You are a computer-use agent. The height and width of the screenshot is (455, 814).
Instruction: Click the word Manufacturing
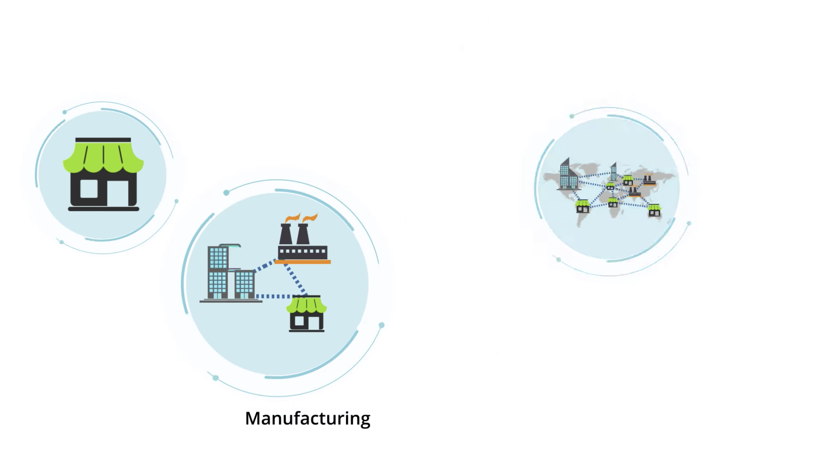pos(308,419)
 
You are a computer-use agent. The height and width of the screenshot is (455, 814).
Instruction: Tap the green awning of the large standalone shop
pos(103,157)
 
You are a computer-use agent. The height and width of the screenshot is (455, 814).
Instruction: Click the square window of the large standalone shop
pos(89,189)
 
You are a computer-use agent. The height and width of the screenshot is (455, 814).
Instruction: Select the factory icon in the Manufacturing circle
pos(303,239)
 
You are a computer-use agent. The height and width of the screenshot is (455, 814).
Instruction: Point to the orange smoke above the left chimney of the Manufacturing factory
pos(292,218)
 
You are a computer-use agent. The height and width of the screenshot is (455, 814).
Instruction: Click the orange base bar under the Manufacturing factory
pos(303,262)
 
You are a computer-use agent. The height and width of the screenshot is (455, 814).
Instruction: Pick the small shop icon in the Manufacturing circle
pos(306,313)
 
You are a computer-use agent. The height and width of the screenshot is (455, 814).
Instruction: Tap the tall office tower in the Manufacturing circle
pos(218,272)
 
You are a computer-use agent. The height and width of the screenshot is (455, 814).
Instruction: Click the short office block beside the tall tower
pos(244,284)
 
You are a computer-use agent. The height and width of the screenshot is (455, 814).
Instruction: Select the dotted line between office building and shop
pos(274,296)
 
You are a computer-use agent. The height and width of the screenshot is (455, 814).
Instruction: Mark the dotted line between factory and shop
pos(295,280)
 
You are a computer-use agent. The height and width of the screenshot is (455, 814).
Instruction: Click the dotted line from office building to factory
pos(265,265)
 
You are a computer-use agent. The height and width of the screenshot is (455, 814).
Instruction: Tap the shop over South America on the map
pos(582,206)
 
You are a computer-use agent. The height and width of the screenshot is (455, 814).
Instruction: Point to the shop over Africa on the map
pos(613,202)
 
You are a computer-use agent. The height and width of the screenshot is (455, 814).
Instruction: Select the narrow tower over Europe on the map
pos(613,171)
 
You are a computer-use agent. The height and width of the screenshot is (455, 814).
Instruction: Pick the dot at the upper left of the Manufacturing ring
pos(226,192)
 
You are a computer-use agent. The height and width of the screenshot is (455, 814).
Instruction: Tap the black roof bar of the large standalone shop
pos(103,140)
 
